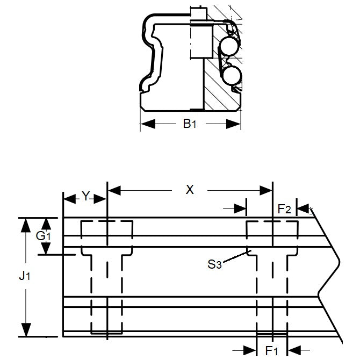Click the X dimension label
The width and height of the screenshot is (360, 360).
(189, 190)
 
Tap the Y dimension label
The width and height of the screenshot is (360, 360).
(85, 197)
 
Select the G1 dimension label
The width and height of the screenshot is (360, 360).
(44, 236)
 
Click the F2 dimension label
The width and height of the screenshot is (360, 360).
(284, 208)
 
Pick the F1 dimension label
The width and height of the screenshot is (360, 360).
(272, 350)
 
